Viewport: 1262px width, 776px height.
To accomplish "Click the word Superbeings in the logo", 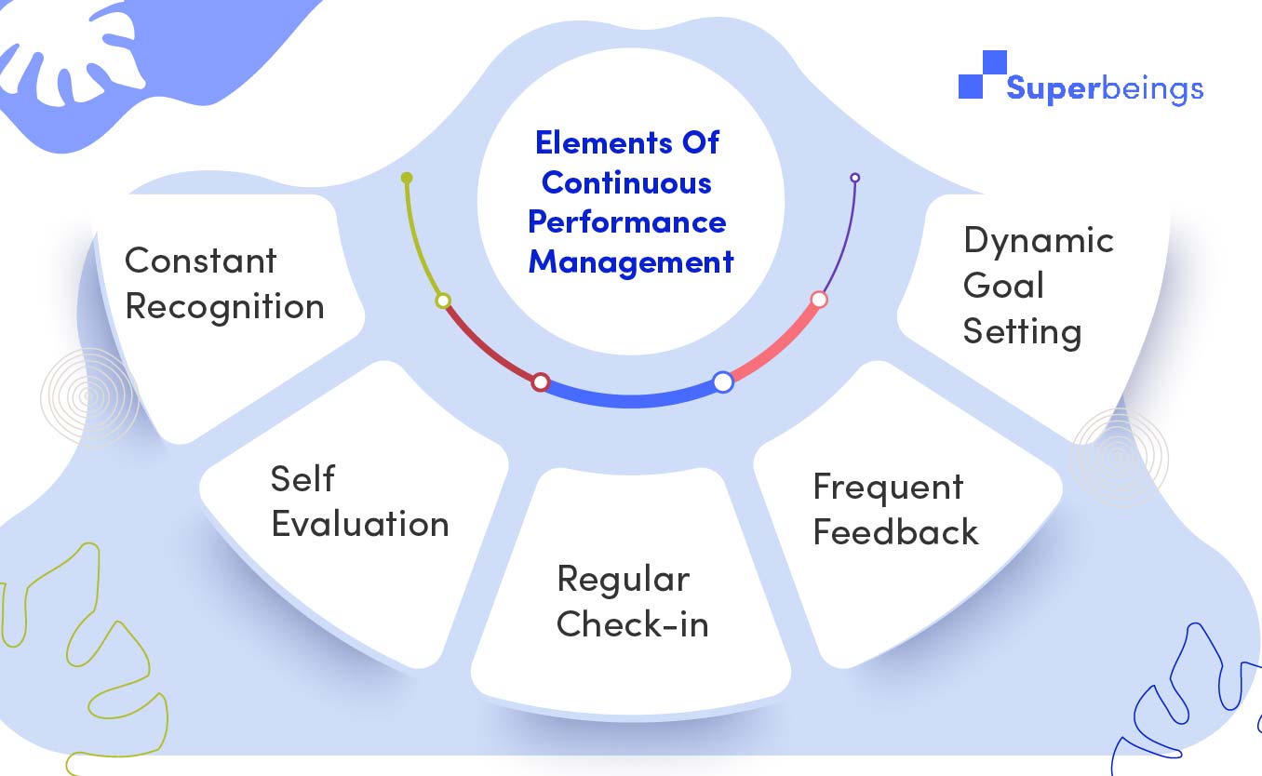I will click(1105, 89).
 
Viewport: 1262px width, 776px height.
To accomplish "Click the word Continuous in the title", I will click(626, 182).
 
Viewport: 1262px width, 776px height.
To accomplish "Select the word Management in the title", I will click(631, 261).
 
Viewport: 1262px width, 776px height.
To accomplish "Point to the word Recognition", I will click(224, 307).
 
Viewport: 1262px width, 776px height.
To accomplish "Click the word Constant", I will click(200, 261).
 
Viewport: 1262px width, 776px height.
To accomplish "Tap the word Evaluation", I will click(360, 524).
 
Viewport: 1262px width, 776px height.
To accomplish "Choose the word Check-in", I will click(632, 623).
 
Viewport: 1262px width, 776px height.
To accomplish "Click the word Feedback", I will click(895, 531).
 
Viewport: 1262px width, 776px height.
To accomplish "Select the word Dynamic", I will click(1039, 240).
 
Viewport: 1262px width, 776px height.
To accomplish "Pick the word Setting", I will click(1022, 331).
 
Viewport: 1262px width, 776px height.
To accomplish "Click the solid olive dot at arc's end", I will click(406, 177).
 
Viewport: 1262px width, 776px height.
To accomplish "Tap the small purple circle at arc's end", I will click(854, 178).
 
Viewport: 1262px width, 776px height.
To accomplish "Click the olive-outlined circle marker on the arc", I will click(443, 301).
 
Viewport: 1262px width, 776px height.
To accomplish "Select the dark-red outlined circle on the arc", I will click(540, 381).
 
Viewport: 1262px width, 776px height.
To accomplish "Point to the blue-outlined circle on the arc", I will click(723, 381).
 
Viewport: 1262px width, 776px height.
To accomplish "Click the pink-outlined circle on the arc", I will click(819, 300).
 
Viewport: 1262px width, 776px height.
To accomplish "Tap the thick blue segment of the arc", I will click(631, 400).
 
